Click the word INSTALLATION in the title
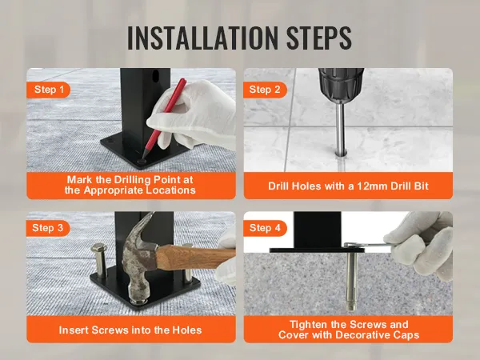tap(195, 37)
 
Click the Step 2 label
tap(265, 90)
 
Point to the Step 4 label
tap(265, 228)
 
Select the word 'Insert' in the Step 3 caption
tap(77, 330)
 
